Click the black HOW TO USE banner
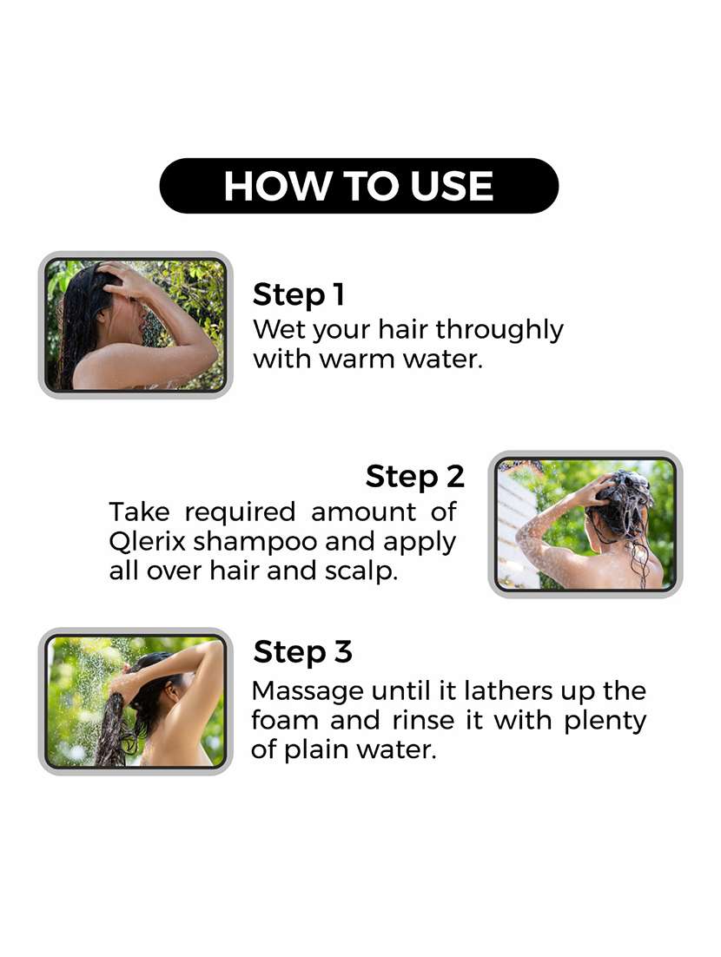click(359, 186)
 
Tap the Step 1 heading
click(299, 294)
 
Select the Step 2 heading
click(415, 477)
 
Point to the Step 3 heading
click(303, 652)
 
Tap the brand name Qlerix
click(147, 541)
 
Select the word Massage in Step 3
click(308, 692)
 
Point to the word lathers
click(508, 690)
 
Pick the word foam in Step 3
click(285, 720)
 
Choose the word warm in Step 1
click(357, 359)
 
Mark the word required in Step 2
click(240, 513)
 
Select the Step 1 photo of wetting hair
click(136, 325)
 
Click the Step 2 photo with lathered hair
click(585, 525)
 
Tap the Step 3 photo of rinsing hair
click(136, 702)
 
